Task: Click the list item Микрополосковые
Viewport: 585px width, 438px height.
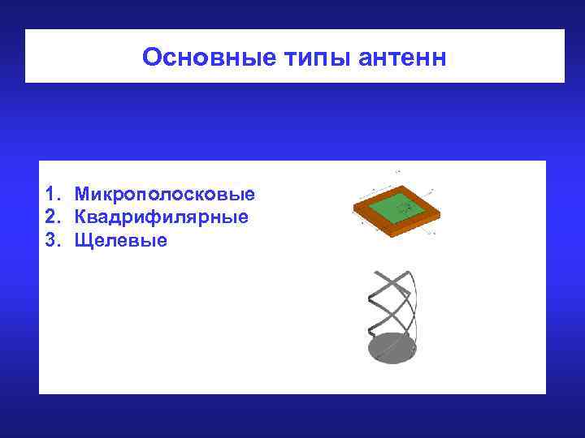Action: (165, 195)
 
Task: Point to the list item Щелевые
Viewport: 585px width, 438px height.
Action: (120, 240)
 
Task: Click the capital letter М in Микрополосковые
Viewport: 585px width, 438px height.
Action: (81, 195)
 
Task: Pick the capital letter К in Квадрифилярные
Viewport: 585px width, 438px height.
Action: (80, 217)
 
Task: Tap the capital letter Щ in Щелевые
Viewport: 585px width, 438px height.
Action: (81, 240)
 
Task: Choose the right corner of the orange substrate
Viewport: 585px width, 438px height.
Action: (441, 208)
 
